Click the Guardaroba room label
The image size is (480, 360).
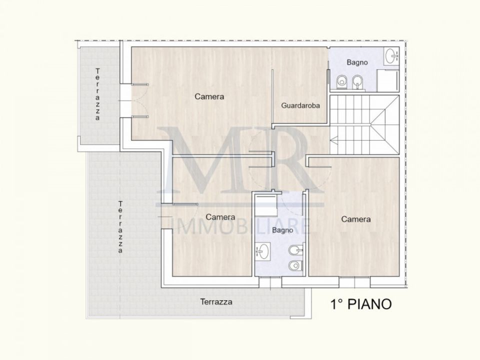pyautogui.click(x=300, y=105)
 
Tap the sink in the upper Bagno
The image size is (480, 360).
pyautogui.click(x=392, y=56)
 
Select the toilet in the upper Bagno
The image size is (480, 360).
pyautogui.click(x=341, y=82)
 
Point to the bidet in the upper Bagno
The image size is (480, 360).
pyautogui.click(x=357, y=82)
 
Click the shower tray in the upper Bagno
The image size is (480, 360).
pyautogui.click(x=388, y=80)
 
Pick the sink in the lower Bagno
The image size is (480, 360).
pyautogui.click(x=262, y=251)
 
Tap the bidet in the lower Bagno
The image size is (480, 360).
pyautogui.click(x=296, y=250)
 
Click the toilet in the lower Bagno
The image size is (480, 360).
pyautogui.click(x=296, y=265)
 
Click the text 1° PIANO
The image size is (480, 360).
pyautogui.click(x=361, y=304)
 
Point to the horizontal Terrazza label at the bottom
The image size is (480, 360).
pyautogui.click(x=216, y=302)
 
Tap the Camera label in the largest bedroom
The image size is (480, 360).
pyautogui.click(x=209, y=96)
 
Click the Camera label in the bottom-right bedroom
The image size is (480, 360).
pyautogui.click(x=355, y=219)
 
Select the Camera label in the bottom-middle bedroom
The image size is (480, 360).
pyautogui.click(x=220, y=217)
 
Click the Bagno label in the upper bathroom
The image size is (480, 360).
pyautogui.click(x=357, y=62)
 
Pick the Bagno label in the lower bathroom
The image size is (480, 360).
pyautogui.click(x=282, y=230)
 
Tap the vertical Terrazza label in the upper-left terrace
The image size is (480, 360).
pyautogui.click(x=97, y=94)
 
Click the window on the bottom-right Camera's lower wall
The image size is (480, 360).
pyautogui.click(x=354, y=282)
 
